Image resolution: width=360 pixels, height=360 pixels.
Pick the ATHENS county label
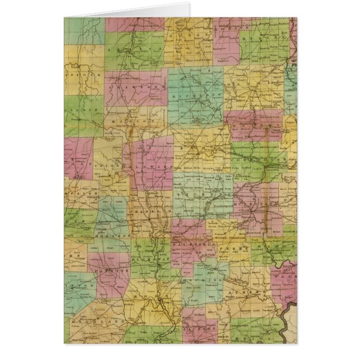(x=246, y=292)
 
